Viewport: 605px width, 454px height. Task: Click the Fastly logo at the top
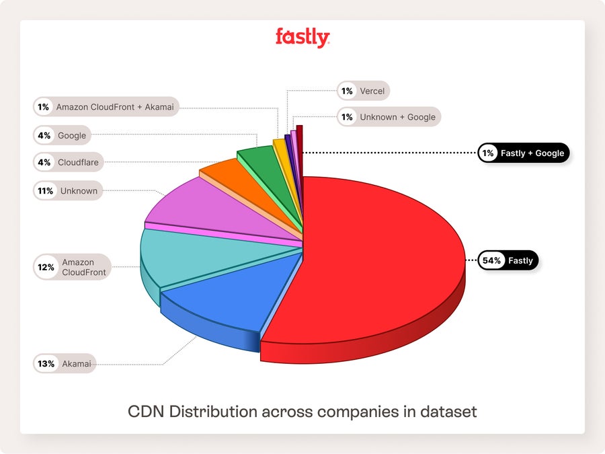tap(302, 38)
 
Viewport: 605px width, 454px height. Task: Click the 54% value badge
tap(491, 260)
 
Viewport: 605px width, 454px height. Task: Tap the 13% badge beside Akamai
tap(46, 365)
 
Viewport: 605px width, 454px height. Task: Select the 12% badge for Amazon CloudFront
tap(46, 267)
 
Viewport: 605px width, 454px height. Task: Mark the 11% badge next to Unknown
tap(46, 191)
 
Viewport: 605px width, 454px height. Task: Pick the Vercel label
tap(372, 91)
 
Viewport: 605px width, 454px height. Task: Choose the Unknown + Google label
tap(397, 117)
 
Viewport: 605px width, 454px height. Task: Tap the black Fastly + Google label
tap(532, 153)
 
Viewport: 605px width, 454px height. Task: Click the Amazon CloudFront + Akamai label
tap(114, 107)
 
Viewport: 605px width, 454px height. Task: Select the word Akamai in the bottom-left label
tap(76, 365)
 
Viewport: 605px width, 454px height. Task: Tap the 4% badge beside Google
tap(44, 135)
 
